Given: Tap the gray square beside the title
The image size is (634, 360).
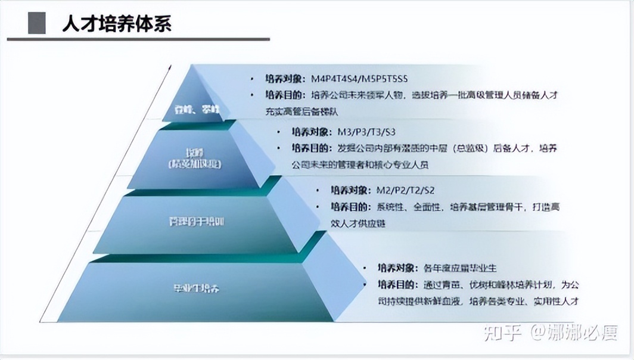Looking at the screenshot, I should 37,24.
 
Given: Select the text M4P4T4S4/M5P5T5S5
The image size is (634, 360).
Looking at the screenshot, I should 359,79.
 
